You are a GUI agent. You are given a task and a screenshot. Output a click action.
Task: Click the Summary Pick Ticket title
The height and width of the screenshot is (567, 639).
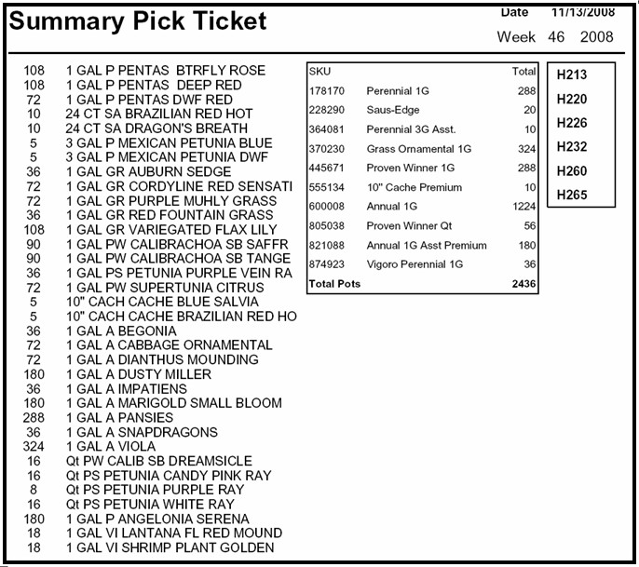138,21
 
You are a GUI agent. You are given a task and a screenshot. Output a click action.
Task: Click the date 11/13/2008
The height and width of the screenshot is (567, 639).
582,12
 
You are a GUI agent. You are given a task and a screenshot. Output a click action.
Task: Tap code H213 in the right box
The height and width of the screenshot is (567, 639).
571,74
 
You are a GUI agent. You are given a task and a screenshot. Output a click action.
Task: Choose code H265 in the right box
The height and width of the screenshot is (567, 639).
571,195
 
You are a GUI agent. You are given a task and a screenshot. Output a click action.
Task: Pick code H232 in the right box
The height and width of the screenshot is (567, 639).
571,146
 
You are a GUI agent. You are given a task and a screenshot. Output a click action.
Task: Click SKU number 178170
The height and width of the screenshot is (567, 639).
327,91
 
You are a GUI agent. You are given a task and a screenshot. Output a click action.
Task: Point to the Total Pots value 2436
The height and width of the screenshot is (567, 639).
523,284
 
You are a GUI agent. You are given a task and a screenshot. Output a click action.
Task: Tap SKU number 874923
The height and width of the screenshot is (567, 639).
327,263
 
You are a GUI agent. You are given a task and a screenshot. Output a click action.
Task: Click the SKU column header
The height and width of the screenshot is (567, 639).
319,71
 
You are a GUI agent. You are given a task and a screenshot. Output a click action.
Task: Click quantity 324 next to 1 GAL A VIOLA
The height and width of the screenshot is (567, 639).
34,447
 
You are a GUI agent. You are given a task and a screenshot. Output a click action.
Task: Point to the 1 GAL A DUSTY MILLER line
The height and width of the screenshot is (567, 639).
139,374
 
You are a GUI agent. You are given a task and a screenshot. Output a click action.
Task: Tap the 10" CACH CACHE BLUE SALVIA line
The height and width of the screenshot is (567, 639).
162,302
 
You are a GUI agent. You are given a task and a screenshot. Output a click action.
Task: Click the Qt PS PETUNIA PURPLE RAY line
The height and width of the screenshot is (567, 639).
155,490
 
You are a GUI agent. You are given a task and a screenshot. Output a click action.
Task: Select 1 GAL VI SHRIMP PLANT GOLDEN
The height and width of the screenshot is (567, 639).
170,547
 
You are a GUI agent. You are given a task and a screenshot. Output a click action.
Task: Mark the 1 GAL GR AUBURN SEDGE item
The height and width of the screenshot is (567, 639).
146,172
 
